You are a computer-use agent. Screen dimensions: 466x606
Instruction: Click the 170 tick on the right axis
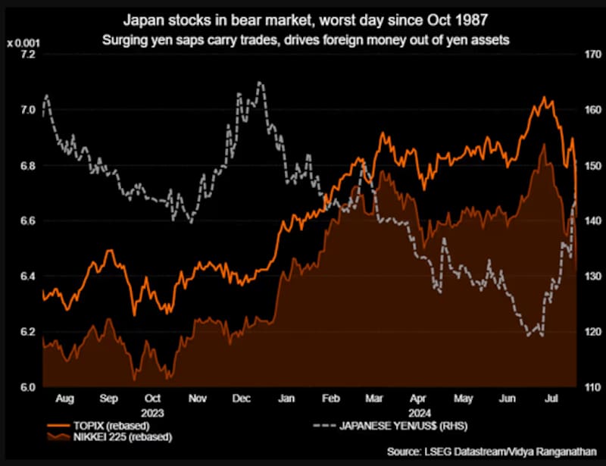(591, 55)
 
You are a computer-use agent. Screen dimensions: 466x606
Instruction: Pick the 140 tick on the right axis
(591, 221)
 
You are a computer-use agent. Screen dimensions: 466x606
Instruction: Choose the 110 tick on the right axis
(591, 387)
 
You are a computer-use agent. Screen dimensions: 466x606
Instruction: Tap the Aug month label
(65, 398)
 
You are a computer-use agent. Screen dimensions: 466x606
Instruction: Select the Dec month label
(242, 398)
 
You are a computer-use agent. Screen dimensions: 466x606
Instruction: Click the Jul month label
(553, 398)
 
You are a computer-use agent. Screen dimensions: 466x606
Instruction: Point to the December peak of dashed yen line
(260, 82)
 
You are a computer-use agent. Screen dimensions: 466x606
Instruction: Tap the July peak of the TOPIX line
(544, 98)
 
